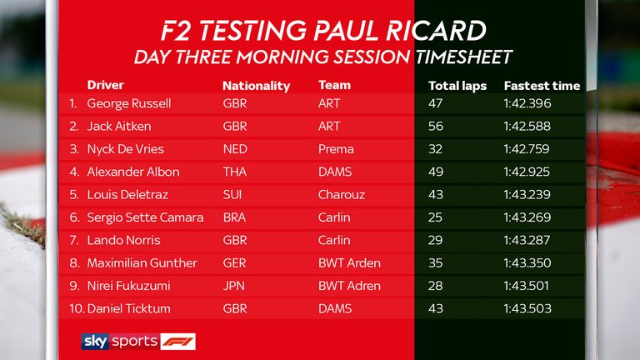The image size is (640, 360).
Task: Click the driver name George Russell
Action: click(x=128, y=104)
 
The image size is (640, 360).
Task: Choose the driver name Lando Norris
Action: click(x=123, y=241)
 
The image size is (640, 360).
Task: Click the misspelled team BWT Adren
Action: click(x=349, y=286)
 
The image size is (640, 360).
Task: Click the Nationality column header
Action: click(x=256, y=86)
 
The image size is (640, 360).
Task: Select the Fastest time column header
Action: click(x=542, y=86)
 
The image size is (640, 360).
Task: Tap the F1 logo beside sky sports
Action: click(x=177, y=341)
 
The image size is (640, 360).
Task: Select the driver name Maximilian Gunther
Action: click(x=142, y=263)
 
